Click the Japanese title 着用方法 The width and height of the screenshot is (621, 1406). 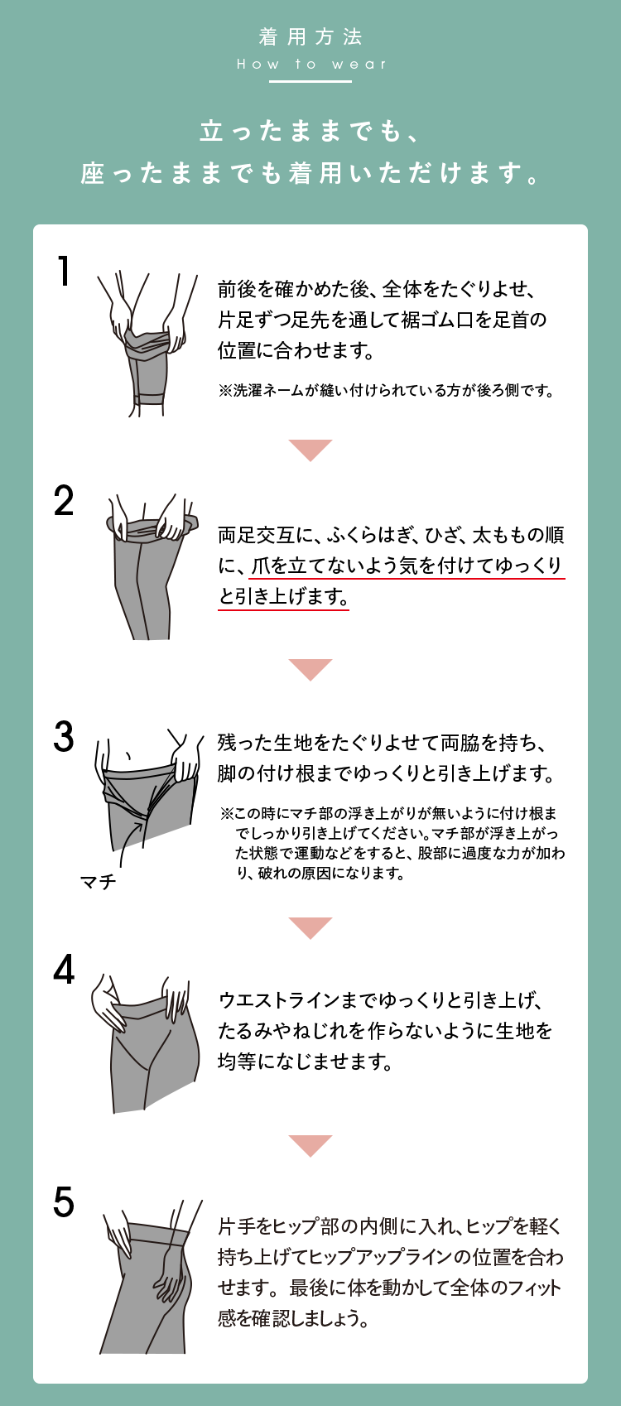[310, 37]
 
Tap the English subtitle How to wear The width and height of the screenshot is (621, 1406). [310, 64]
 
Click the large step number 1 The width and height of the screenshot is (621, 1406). [64, 271]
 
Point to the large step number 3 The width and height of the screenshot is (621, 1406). [64, 736]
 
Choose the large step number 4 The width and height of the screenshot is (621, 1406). [64, 970]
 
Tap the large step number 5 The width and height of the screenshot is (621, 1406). [64, 1202]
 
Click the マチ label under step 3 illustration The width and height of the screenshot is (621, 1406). [99, 882]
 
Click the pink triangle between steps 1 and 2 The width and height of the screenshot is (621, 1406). [310, 450]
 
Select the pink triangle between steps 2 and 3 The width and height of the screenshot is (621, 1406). [310, 670]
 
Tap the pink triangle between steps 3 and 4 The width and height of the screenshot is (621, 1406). [310, 928]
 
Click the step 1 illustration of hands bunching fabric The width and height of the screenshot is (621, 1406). [147, 344]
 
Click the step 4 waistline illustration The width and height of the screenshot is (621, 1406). [146, 1044]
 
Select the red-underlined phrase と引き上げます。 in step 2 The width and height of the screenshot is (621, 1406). [283, 596]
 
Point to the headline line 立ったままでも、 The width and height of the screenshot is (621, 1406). [310, 131]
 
